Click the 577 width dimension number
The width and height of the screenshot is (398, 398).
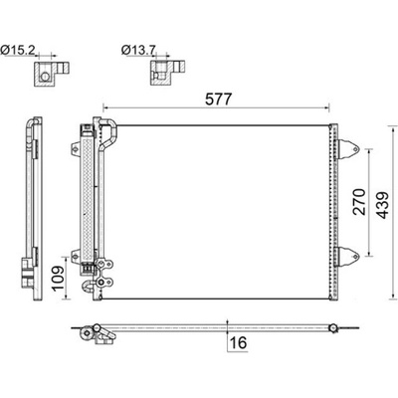click(x=218, y=99)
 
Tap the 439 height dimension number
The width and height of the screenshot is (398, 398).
click(x=383, y=205)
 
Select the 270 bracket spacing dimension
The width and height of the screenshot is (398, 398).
click(x=359, y=202)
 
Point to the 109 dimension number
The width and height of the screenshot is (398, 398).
click(x=59, y=278)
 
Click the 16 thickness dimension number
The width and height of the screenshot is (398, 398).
click(x=238, y=342)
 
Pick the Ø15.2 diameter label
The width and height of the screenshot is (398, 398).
click(x=18, y=50)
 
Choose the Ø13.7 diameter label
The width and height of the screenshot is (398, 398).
click(x=138, y=50)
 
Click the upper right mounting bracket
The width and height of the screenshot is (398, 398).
click(x=348, y=149)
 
